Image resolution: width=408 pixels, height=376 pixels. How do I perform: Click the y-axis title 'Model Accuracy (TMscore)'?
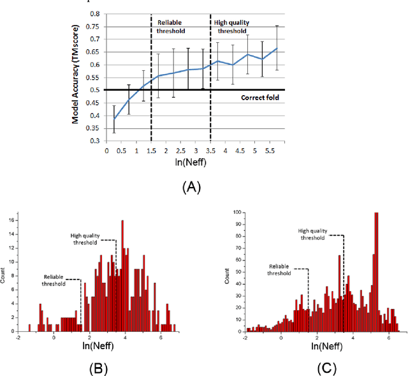76,76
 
